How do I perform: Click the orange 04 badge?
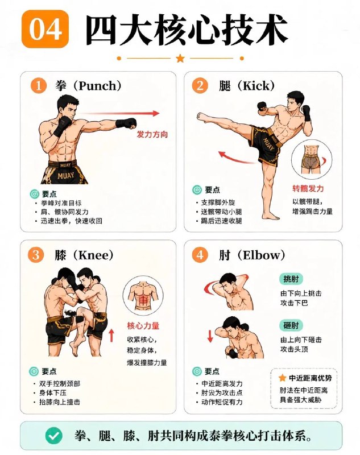pos(45,29)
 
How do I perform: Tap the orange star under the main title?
pos(180,59)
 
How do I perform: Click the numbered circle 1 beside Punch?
pos(39,86)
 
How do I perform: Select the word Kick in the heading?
pos(256,86)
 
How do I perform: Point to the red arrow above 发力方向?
pos(119,113)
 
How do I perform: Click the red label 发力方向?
pos(152,134)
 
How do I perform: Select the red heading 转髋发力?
pos(308,189)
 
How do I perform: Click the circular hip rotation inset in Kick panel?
pos(312,160)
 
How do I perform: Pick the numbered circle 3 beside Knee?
pos(36,255)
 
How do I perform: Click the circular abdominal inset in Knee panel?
pos(143,295)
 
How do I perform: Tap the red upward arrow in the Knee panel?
pos(111,336)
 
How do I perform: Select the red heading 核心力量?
pos(143,326)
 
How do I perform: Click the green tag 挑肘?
pos(291,279)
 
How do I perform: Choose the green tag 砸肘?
pos(291,325)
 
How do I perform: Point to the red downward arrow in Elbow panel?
pos(210,336)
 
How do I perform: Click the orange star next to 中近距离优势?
pos(282,378)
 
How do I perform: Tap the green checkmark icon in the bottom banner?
pos(54,436)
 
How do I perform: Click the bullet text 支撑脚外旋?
pos(218,202)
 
